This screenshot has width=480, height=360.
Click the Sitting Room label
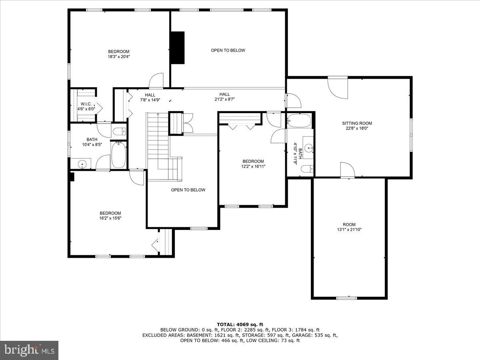pyautogui.click(x=356, y=123)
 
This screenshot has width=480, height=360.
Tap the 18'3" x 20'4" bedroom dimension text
pyautogui.click(x=119, y=57)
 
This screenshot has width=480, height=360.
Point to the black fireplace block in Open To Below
pyautogui.click(x=178, y=47)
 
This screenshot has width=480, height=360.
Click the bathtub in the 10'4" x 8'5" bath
pyautogui.click(x=118, y=155)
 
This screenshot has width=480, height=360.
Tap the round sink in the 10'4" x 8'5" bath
pyautogui.click(x=82, y=164)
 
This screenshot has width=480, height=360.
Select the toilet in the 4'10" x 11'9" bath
pyautogui.click(x=306, y=169)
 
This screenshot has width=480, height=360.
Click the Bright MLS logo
pyautogui.click(x=29, y=350)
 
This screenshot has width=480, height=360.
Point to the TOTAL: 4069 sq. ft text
pyautogui.click(x=240, y=324)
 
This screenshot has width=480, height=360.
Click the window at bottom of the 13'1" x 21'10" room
pyautogui.click(x=346, y=298)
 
